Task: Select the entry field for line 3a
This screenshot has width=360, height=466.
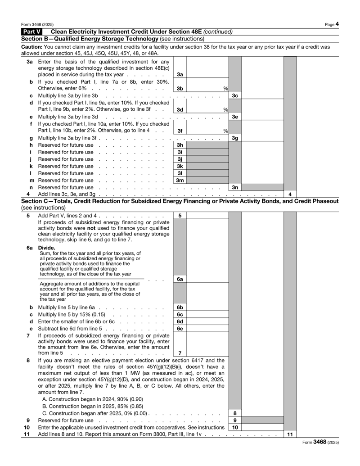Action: pyautogui.click(x=207, y=74)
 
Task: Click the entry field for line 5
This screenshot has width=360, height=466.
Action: pyautogui.click(x=207, y=216)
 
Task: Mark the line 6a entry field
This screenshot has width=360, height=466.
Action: pyautogui.click(x=207, y=279)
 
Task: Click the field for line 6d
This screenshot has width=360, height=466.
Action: pyautogui.click(x=207, y=322)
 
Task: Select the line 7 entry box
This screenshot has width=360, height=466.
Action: pyautogui.click(x=207, y=352)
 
